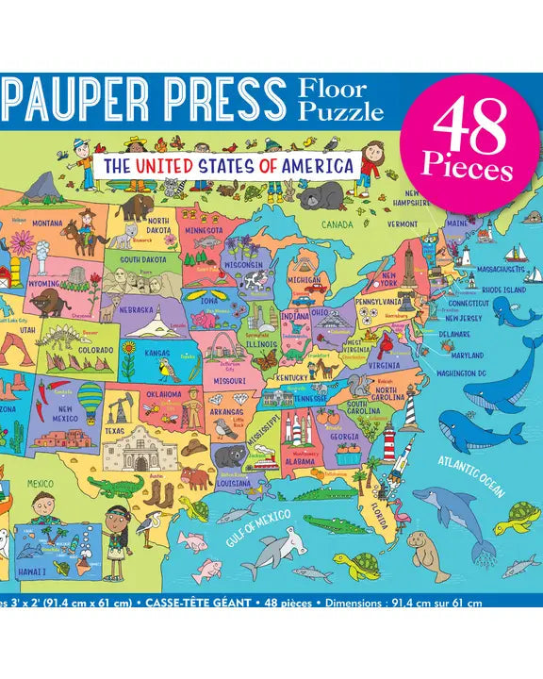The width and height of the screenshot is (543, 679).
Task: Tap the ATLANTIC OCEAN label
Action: click(x=471, y=473)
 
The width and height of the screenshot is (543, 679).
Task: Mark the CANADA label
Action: click(x=336, y=225)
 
